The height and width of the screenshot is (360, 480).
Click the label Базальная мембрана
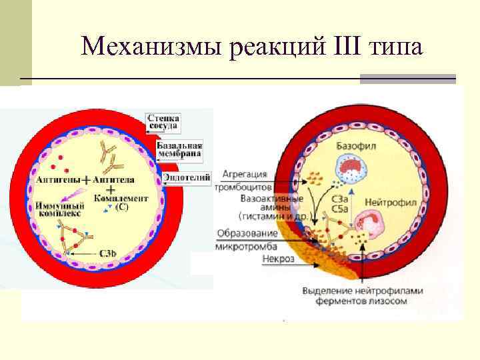pos(179,149)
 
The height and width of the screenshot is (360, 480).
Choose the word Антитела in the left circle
pos(114,180)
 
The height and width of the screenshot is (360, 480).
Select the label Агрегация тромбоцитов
pos(245,180)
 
